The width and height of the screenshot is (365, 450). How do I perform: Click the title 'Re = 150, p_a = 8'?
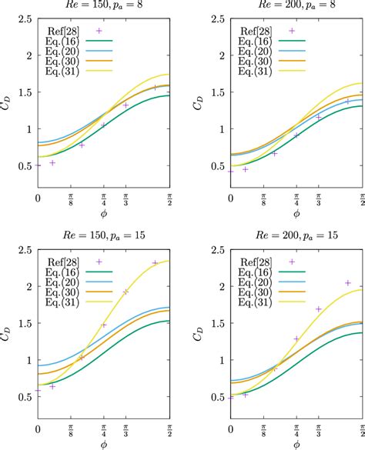pos(105,6)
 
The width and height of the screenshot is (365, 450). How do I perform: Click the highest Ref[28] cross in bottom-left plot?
pos(155,263)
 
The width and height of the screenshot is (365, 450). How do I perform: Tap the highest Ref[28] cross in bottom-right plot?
pos(347,283)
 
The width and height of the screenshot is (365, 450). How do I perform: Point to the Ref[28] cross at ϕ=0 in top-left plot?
pos(39,165)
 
